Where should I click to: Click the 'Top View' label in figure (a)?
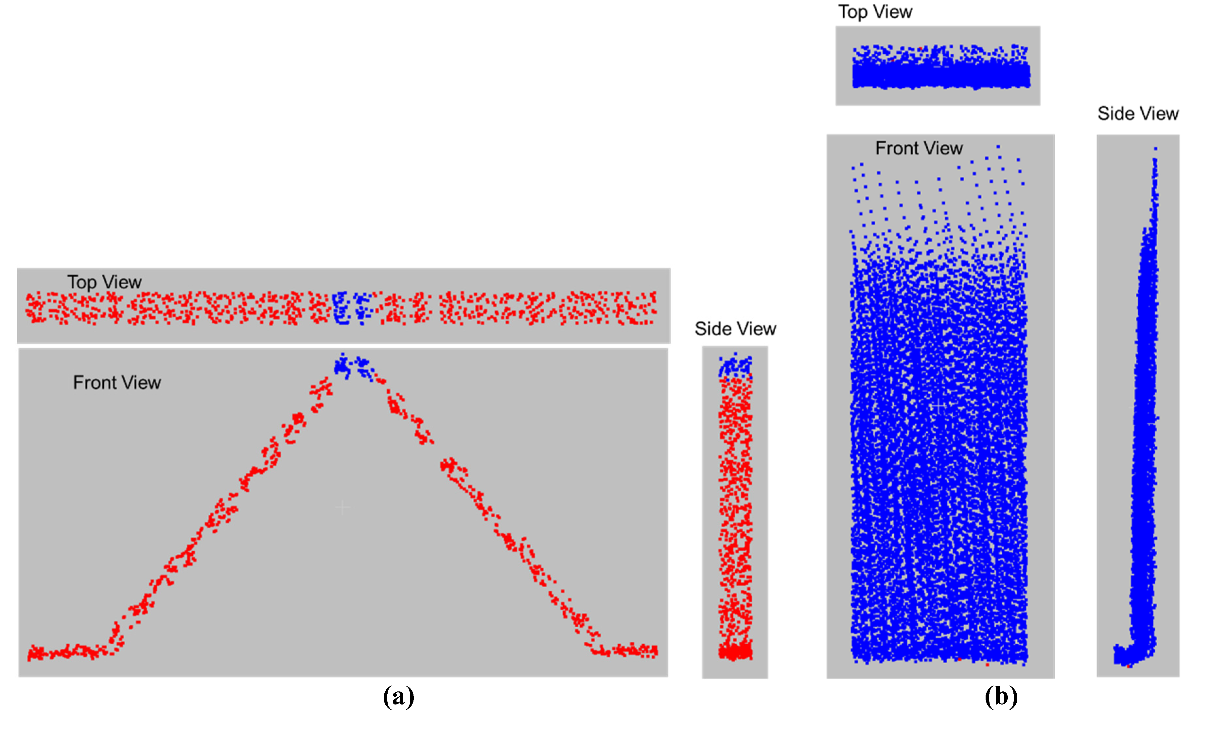click(104, 282)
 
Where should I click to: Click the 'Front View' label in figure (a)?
click(117, 383)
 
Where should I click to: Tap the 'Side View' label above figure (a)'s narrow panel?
click(735, 329)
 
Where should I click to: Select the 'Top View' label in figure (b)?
click(875, 12)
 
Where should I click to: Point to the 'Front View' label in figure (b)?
click(919, 148)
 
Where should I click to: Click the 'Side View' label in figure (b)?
click(1138, 114)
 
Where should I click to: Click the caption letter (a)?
click(398, 697)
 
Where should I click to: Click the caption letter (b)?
click(1001, 697)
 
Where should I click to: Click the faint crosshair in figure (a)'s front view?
click(342, 507)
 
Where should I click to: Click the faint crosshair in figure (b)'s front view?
click(938, 406)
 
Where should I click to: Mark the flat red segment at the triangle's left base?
click(66, 652)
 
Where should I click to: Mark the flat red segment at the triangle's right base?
click(629, 651)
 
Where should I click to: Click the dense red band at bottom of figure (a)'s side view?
click(735, 652)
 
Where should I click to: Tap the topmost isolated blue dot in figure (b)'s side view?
click(1155, 148)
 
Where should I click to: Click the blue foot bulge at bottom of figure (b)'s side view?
click(1125, 655)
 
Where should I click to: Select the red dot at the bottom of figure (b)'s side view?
click(1129, 666)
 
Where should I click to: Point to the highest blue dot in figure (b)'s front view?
click(998, 146)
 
